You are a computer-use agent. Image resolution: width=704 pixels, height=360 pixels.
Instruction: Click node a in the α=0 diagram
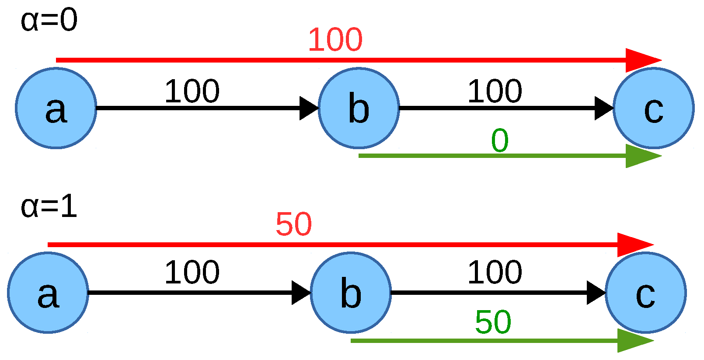pyautogui.click(x=56, y=108)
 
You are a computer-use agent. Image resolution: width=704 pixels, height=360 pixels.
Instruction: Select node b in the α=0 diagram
pyautogui.click(x=359, y=108)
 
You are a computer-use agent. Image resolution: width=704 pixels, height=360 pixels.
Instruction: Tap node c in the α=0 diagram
pyautogui.click(x=653, y=108)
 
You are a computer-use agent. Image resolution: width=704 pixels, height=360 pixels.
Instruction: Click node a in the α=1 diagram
pyautogui.click(x=48, y=293)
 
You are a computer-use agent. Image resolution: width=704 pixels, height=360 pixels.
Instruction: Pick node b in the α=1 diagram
pyautogui.click(x=351, y=293)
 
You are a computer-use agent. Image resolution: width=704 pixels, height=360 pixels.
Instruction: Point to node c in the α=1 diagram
pyautogui.click(x=645, y=293)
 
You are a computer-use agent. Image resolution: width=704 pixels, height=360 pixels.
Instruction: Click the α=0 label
pyautogui.click(x=49, y=21)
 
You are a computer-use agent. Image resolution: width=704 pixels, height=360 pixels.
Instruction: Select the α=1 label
pyautogui.click(x=49, y=206)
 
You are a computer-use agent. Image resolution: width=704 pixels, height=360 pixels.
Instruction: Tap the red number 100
pyautogui.click(x=335, y=40)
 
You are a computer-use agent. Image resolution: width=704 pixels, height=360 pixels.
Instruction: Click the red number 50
pyautogui.click(x=294, y=224)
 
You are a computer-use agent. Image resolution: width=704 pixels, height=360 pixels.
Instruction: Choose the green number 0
pyautogui.click(x=500, y=141)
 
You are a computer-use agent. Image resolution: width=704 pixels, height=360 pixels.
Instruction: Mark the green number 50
pyautogui.click(x=493, y=322)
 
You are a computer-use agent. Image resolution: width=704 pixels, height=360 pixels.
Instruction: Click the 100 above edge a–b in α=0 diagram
pyautogui.click(x=192, y=91)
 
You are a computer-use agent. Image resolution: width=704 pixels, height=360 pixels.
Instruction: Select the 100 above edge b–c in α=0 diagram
pyautogui.click(x=495, y=91)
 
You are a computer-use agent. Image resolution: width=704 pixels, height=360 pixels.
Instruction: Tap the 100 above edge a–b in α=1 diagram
pyautogui.click(x=192, y=273)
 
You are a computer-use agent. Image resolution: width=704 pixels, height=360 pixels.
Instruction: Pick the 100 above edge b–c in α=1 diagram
pyautogui.click(x=495, y=273)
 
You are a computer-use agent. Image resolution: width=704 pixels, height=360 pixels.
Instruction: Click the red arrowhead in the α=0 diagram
pyautogui.click(x=641, y=60)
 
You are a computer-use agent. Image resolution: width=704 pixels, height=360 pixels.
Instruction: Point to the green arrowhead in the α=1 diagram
pyautogui.click(x=633, y=340)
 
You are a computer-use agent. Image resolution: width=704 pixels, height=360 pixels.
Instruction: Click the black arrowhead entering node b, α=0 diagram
pyautogui.click(x=308, y=108)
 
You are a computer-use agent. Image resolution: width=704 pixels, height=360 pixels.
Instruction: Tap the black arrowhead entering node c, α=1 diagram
pyautogui.click(x=595, y=293)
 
